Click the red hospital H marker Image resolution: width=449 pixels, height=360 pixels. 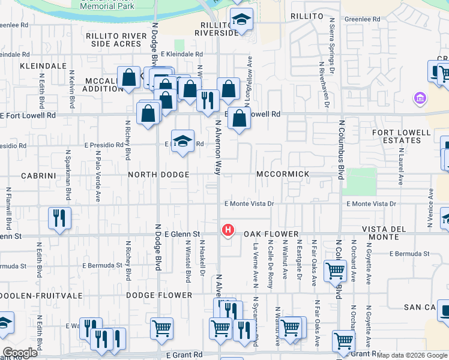point(228,230)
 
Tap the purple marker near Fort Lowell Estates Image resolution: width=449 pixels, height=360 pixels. point(420,98)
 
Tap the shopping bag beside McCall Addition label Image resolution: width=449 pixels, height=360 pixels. point(128,77)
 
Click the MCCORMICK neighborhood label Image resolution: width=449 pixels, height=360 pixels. point(283,174)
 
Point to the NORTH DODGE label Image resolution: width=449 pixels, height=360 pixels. point(158,175)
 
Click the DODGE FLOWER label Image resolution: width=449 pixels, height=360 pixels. point(159,295)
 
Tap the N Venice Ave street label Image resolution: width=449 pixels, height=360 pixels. point(431,208)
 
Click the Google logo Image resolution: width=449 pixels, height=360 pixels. point(20,353)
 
